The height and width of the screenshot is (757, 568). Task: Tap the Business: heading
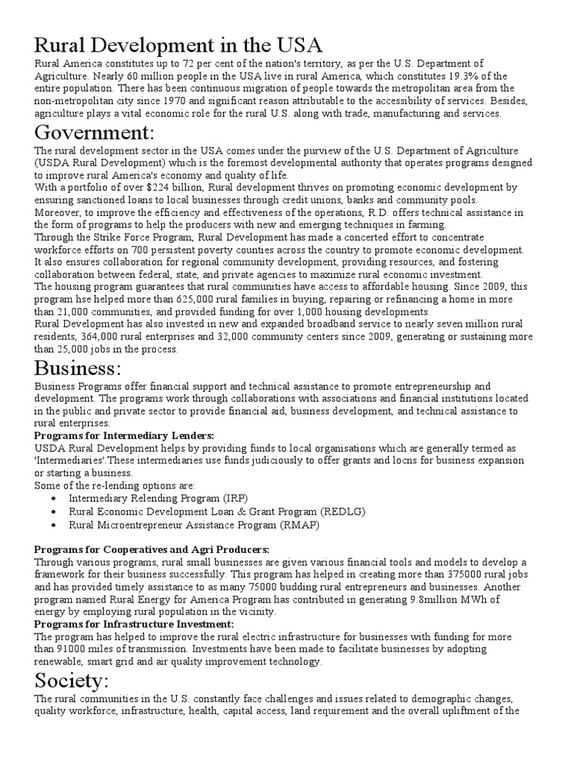coord(89,367)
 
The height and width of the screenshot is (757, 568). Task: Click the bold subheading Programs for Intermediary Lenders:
coord(124,436)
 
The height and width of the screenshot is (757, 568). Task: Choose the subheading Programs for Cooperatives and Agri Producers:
coord(152,549)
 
